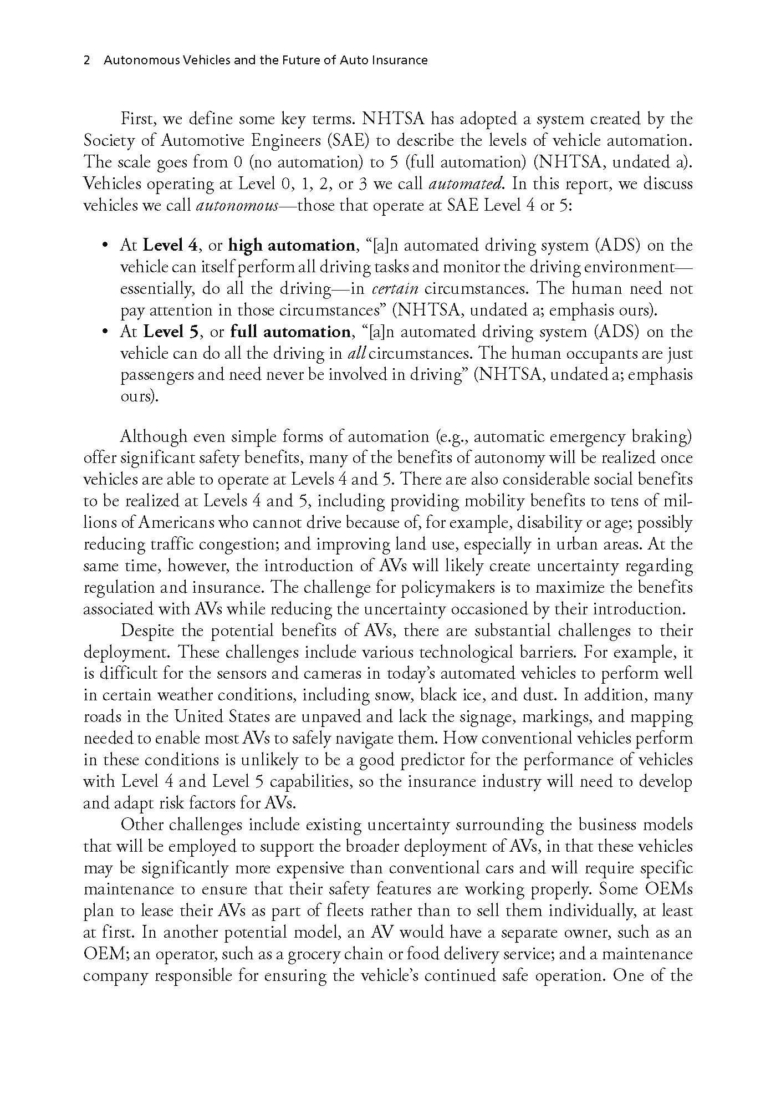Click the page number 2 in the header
click(86, 60)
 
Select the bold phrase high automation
click(292, 245)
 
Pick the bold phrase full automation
click(290, 332)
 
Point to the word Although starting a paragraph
click(154, 437)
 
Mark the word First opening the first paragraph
click(139, 119)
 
